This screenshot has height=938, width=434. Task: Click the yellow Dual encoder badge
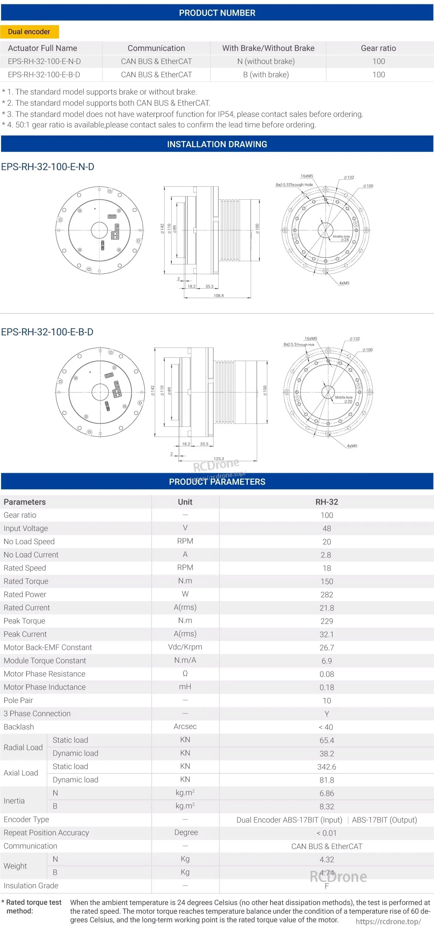(x=29, y=32)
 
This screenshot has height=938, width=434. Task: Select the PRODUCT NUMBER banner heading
(x=217, y=13)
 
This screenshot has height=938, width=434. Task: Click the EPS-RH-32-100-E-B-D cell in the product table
(x=44, y=75)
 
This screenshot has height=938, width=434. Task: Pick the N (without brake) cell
(x=266, y=61)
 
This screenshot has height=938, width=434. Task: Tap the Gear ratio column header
(x=378, y=48)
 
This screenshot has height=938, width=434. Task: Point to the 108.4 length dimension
(x=218, y=295)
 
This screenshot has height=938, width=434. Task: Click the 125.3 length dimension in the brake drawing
(x=219, y=458)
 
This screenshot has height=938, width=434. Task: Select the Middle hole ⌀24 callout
(x=341, y=238)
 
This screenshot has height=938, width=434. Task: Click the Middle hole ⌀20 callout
(x=344, y=399)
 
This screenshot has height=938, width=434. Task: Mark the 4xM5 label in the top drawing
(x=344, y=283)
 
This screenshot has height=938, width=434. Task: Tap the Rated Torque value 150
(x=327, y=582)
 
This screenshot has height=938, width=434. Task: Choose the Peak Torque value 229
(x=327, y=621)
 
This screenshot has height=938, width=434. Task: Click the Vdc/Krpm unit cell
(x=185, y=647)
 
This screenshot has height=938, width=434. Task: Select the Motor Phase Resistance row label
(x=44, y=674)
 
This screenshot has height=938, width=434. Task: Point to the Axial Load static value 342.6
(x=327, y=767)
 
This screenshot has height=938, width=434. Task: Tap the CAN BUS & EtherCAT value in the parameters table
(x=327, y=846)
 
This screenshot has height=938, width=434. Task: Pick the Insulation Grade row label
(x=31, y=886)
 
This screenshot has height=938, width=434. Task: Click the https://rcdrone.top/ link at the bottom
(x=388, y=922)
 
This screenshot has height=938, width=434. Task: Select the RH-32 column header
(x=327, y=502)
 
